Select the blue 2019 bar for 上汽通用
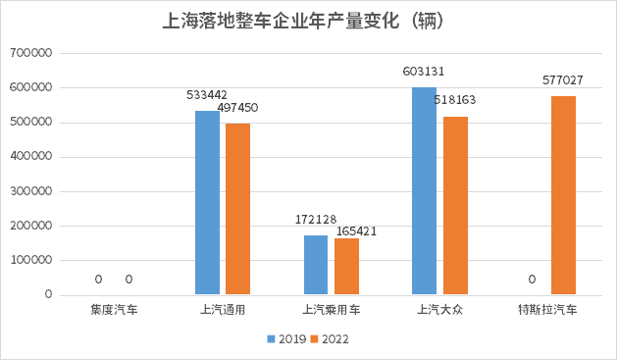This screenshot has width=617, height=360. (x=207, y=203)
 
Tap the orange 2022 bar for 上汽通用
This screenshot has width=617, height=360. (x=237, y=209)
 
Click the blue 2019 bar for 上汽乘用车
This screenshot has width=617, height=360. (x=316, y=265)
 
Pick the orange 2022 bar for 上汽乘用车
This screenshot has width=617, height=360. (x=346, y=266)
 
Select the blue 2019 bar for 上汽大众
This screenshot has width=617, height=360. (x=424, y=190)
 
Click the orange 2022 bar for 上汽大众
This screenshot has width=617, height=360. (x=455, y=205)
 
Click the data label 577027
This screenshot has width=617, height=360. (x=563, y=80)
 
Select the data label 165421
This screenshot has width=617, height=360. (x=357, y=231)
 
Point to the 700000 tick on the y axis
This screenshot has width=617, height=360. (x=30, y=53)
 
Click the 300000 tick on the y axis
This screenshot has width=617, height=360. (x=30, y=191)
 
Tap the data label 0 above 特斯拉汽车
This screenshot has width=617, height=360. (x=532, y=280)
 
